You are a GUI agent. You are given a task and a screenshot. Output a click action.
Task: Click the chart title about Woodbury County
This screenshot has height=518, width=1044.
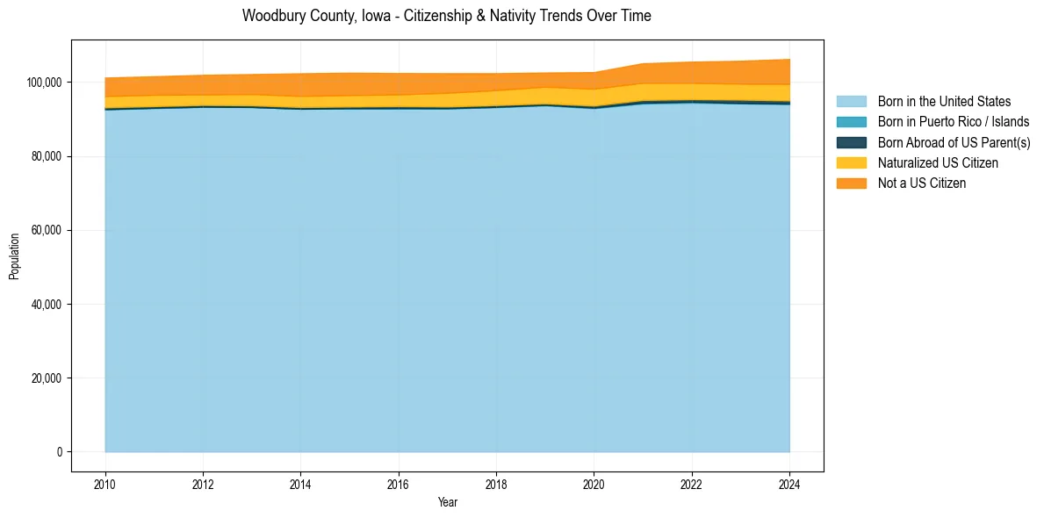pos(447,16)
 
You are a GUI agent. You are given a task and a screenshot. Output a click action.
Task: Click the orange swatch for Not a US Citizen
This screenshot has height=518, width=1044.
pos(851,183)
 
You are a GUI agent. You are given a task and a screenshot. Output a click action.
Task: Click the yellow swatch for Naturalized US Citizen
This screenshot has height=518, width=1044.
pos(851,162)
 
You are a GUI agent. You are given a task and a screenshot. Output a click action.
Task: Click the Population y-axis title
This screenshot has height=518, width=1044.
pos(14,256)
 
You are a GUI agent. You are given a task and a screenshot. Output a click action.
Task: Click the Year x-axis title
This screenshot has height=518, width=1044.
pos(447,503)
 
